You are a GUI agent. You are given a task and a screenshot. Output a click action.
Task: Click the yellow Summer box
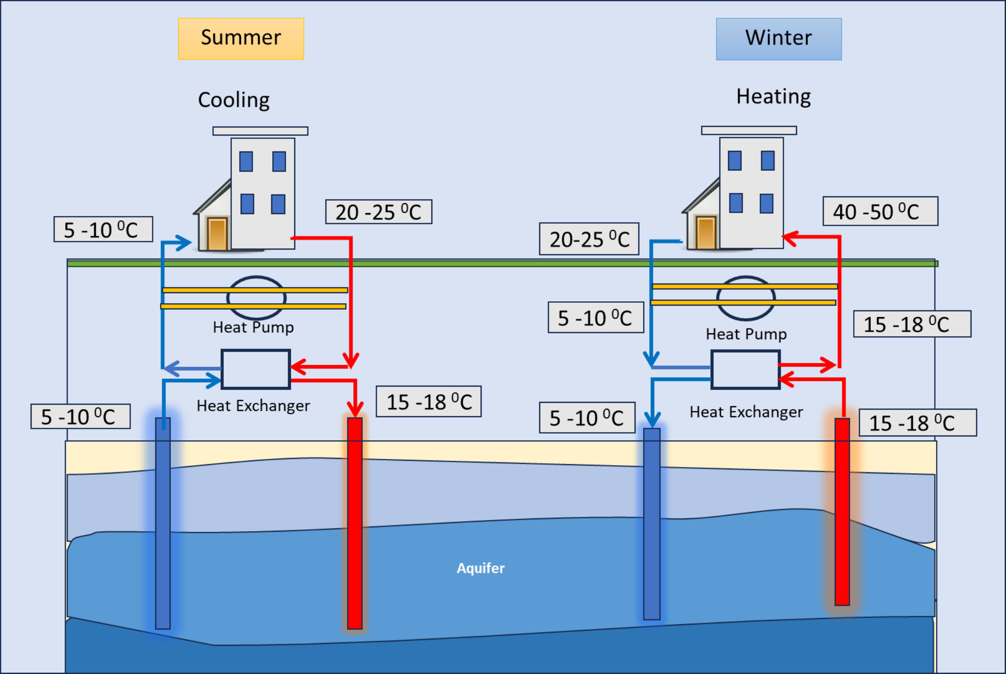241,39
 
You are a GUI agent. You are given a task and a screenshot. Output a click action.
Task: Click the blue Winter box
779,39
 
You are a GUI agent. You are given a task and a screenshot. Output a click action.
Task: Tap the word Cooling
234,100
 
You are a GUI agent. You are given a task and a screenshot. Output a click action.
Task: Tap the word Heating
774,97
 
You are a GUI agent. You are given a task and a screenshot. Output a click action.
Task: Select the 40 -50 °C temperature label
880,211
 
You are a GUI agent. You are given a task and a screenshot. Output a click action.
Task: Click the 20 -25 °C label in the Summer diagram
379,212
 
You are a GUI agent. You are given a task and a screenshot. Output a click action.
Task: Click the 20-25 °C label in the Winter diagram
589,239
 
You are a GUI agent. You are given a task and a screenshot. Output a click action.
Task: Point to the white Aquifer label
481,568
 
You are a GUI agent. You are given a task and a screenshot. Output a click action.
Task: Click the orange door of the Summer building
217,233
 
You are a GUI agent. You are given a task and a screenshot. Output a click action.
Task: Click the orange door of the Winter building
706,233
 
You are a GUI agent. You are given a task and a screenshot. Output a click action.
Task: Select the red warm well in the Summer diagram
355,523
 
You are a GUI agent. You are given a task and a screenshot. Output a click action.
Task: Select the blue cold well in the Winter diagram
652,524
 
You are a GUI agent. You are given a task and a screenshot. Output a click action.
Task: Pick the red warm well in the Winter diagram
842,512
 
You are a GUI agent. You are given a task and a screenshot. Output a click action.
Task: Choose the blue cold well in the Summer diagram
163,523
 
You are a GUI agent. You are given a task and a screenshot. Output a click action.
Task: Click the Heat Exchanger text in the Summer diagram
253,406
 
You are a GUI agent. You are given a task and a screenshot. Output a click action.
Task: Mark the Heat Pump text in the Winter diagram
746,334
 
